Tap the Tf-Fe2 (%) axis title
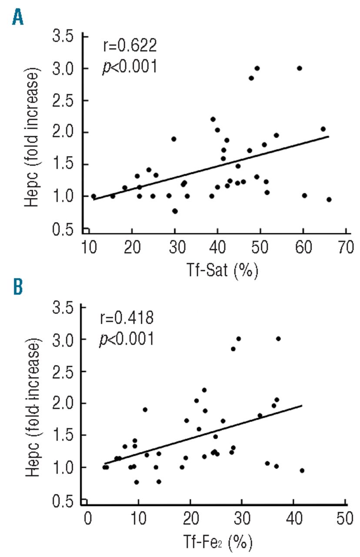point(218,541)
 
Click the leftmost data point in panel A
point(93,196)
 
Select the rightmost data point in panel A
point(329,199)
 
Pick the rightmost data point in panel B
point(302,470)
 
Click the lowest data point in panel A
point(175,211)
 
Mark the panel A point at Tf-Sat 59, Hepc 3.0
point(299,68)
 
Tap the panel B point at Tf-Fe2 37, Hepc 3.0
point(278,339)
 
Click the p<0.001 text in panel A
point(129,68)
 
